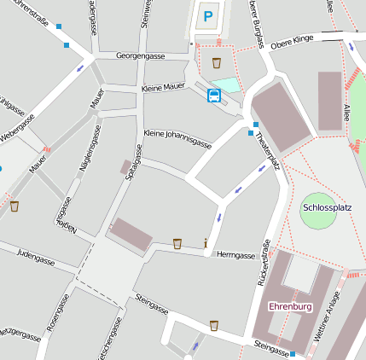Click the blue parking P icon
click(210, 15)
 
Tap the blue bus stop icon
click(214, 95)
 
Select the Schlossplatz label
click(328, 207)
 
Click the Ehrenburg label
click(290, 305)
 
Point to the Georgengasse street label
click(141, 55)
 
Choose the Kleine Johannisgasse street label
click(177, 139)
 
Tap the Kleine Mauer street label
click(163, 87)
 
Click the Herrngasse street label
click(236, 255)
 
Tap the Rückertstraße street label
click(263, 262)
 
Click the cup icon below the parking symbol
click(217, 62)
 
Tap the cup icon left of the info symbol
click(177, 244)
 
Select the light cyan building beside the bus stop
click(226, 85)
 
